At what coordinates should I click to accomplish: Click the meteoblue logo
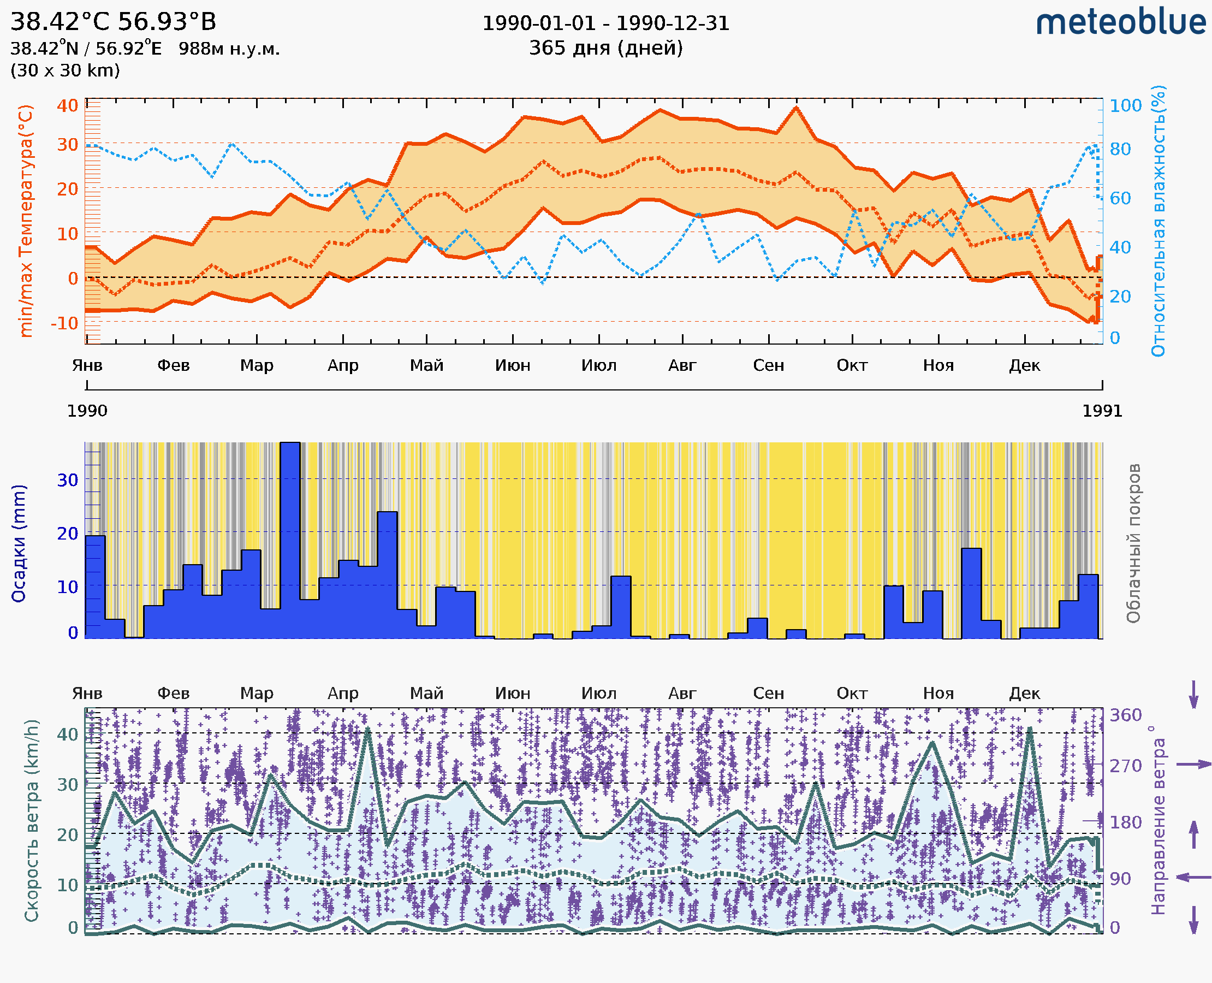point(1121,22)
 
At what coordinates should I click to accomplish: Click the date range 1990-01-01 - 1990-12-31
point(605,23)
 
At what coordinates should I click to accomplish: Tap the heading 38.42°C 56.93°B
point(113,22)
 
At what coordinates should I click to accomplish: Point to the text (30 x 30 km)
point(65,70)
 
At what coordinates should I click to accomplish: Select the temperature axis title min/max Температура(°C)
point(26,221)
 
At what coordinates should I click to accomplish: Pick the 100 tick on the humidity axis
point(1125,106)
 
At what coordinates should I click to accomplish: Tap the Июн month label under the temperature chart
point(513,365)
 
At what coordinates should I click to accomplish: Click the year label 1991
point(1102,411)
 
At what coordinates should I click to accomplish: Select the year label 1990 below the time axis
point(87,411)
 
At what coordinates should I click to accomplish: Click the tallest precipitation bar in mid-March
point(290,538)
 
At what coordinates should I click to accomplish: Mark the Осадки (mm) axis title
point(19,543)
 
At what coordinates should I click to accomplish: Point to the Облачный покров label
point(1133,543)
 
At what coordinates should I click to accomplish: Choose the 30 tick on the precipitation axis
point(67,480)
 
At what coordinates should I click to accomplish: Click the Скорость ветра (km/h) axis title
point(32,820)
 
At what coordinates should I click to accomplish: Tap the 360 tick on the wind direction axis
point(1125,715)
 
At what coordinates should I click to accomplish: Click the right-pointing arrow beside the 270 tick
point(1193,765)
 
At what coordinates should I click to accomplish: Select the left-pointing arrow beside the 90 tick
point(1193,878)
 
